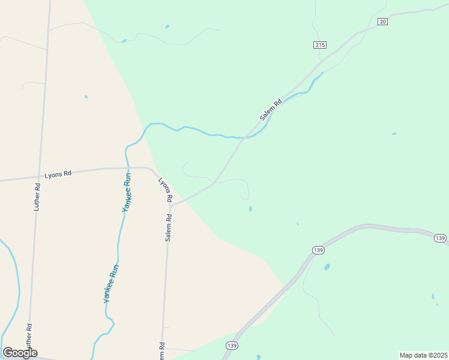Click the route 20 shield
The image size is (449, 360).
point(383,22)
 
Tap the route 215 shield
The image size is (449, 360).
point(319,45)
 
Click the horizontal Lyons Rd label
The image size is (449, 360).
point(58,174)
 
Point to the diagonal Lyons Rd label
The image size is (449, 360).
point(166,189)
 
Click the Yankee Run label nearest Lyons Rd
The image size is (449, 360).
point(127,192)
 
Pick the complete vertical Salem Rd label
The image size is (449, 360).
point(169,225)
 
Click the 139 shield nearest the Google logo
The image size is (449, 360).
point(232,346)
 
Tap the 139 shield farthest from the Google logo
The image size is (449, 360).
point(440,238)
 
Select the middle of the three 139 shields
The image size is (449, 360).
point(318,249)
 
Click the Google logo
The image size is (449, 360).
point(20,353)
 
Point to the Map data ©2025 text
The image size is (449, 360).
point(423,355)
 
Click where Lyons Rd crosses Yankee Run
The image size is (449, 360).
point(127,169)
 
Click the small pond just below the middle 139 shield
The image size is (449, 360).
point(327,266)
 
